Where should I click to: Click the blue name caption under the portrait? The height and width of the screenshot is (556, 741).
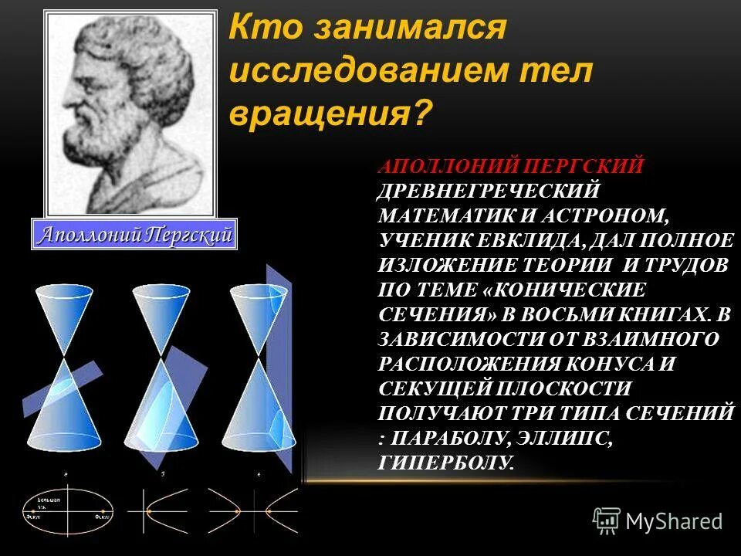coord(134,234)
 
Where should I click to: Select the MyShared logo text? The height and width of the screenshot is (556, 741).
coord(674,521)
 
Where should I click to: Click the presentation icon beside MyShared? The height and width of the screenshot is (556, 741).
coord(607,521)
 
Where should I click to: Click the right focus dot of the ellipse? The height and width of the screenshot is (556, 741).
coord(100,513)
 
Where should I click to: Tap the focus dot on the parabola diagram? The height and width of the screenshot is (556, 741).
coord(148,513)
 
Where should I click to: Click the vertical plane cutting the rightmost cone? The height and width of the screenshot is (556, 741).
coord(282,371)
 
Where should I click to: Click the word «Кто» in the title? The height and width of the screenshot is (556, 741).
coord(262,31)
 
